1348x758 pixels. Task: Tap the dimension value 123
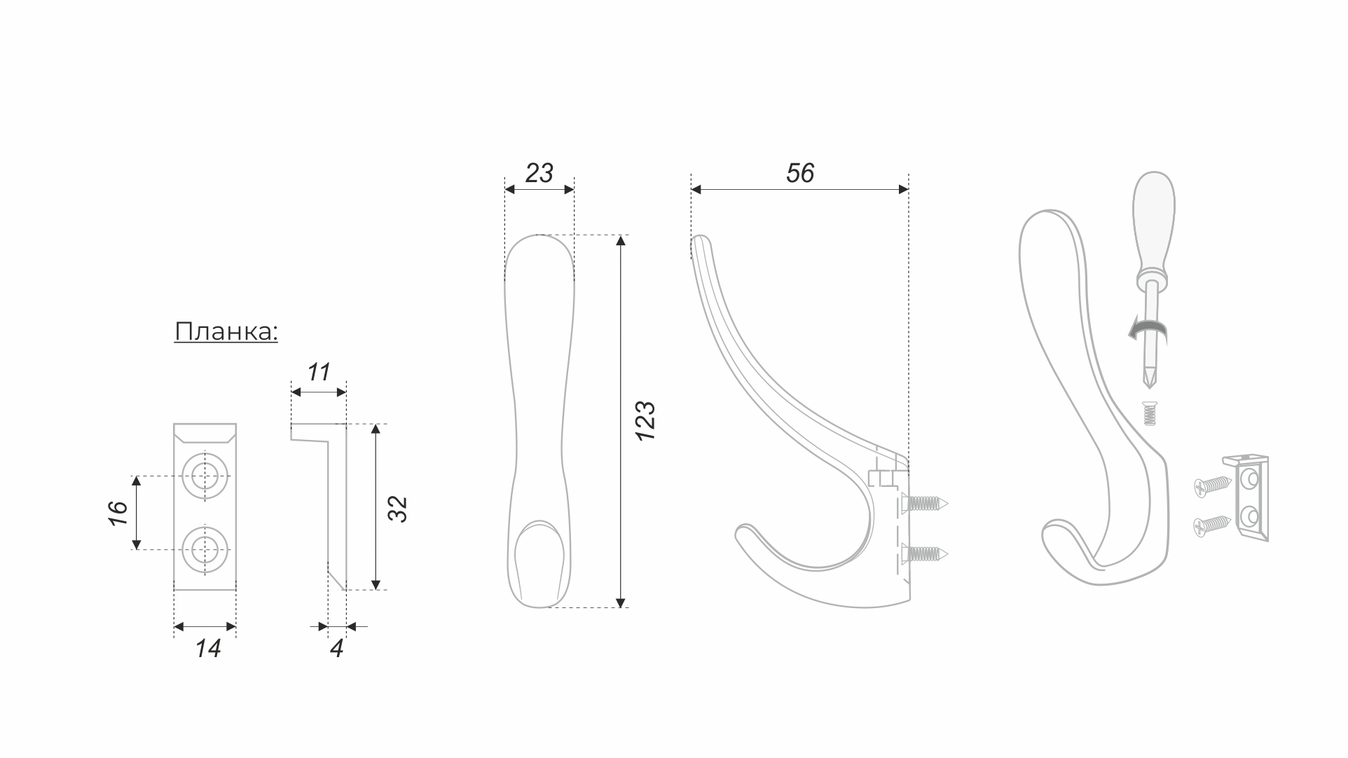[645, 420]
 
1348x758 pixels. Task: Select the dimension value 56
[800, 173]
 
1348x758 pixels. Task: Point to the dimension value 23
[539, 173]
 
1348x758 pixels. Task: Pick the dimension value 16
[118, 513]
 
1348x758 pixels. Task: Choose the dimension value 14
[208, 649]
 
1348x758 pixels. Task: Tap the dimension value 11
[319, 372]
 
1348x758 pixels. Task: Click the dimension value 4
[337, 649]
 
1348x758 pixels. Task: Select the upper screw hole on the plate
[205, 476]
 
